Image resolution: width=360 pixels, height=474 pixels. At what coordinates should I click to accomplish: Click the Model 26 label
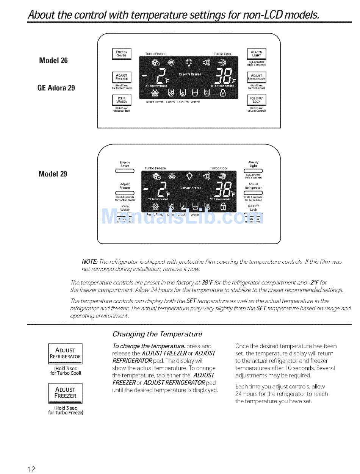[x=53, y=60]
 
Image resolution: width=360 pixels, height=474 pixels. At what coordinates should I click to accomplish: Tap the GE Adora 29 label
[x=56, y=88]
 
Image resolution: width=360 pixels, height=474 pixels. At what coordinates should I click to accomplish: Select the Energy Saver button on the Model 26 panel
[x=121, y=54]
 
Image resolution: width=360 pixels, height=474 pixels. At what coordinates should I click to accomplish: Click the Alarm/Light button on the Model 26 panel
[x=257, y=54]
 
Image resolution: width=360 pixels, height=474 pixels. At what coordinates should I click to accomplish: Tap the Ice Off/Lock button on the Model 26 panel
[x=257, y=100]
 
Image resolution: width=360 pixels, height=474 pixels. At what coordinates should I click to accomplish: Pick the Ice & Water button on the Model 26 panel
[x=121, y=100]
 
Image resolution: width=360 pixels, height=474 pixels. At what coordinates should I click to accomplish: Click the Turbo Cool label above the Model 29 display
[x=219, y=168]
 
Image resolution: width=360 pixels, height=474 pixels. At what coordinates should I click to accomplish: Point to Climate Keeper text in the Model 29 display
[x=191, y=188]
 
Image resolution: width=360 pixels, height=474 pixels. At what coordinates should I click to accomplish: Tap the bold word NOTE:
[x=90, y=262]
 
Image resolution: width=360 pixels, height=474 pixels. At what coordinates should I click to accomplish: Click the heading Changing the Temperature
[x=157, y=334]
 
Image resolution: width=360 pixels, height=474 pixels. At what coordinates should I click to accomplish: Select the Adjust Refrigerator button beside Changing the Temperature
[x=65, y=353]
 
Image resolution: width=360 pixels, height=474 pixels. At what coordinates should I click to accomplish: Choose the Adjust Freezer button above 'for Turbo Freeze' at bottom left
[x=65, y=393]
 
